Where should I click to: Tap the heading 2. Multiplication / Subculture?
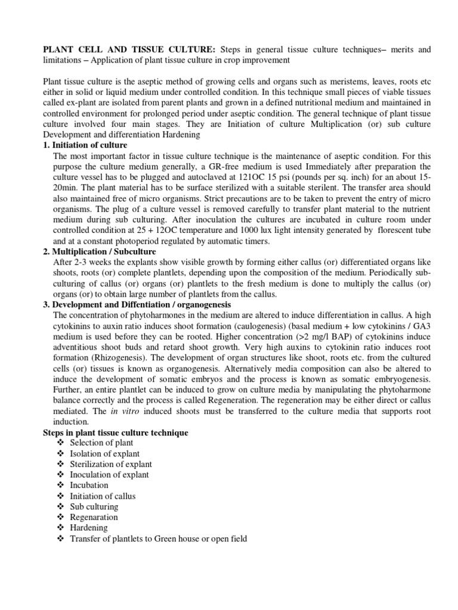coord(100,252)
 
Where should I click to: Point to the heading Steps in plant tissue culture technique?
coord(116,432)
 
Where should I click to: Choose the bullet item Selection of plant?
coord(101,443)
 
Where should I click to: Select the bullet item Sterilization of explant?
coord(110,464)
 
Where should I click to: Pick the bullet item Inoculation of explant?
coord(109,475)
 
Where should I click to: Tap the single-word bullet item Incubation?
coord(89,485)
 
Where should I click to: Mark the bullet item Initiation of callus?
coord(103,496)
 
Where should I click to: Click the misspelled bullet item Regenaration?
coord(94,517)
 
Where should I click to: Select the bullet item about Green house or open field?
coord(158,539)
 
